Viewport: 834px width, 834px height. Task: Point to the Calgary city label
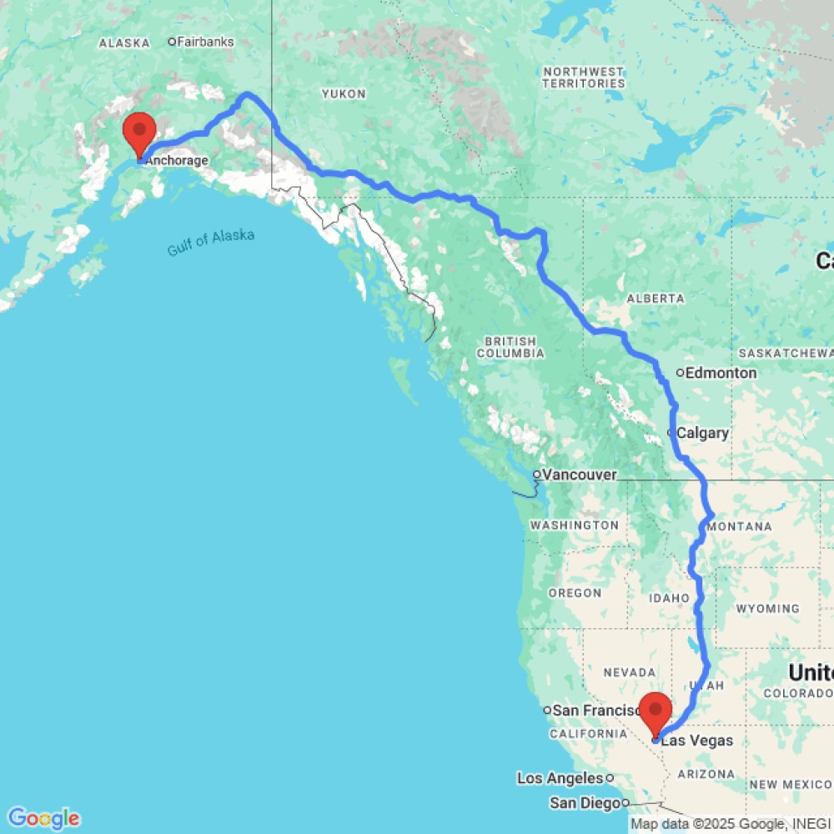[x=701, y=433]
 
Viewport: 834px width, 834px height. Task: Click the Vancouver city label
[x=579, y=475]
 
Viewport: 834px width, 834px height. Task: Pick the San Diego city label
[x=585, y=803]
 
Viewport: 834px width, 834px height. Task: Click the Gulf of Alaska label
[x=210, y=243]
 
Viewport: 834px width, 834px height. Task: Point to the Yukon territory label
[x=344, y=94]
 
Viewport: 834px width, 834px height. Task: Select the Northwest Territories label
[x=583, y=78]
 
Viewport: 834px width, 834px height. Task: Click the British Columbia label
[x=510, y=347]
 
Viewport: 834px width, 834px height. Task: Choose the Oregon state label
[x=575, y=593]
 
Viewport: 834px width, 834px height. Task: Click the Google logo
[x=43, y=818]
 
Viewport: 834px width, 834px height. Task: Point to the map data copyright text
[x=731, y=824]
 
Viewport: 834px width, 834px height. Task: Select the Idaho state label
[x=671, y=599]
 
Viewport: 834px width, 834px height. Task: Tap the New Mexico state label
[x=790, y=785]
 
